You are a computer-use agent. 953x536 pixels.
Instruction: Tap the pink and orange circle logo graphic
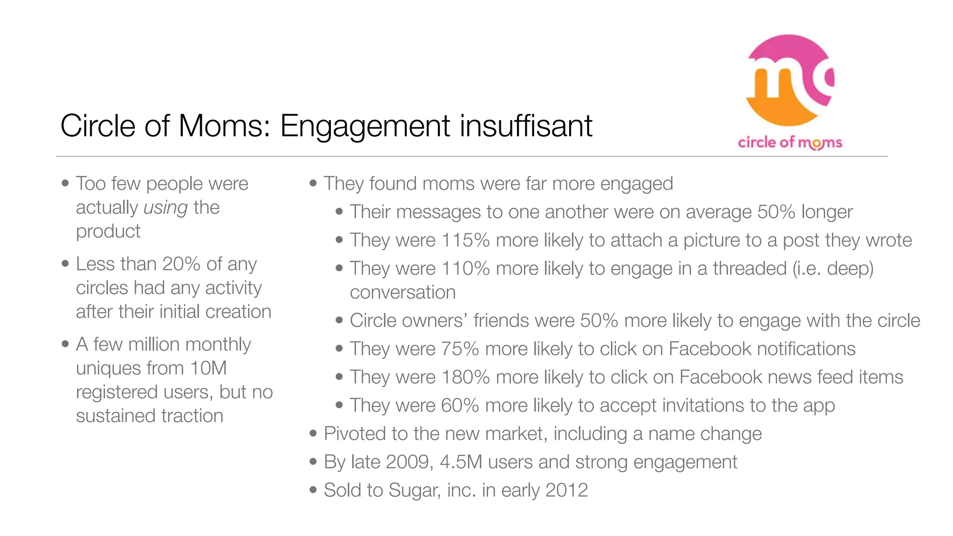click(790, 80)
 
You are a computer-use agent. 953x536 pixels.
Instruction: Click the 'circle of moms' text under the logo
click(790, 142)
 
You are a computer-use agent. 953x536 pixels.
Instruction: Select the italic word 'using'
click(166, 208)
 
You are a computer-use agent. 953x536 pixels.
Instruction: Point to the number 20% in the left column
click(181, 264)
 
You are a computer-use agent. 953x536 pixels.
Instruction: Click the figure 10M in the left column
click(208, 368)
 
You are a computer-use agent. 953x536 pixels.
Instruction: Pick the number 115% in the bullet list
click(465, 240)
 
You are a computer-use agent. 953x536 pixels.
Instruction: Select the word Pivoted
click(355, 434)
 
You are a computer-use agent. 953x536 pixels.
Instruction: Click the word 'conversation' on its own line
click(403, 292)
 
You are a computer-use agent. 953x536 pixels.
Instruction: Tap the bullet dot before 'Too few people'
click(65, 183)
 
